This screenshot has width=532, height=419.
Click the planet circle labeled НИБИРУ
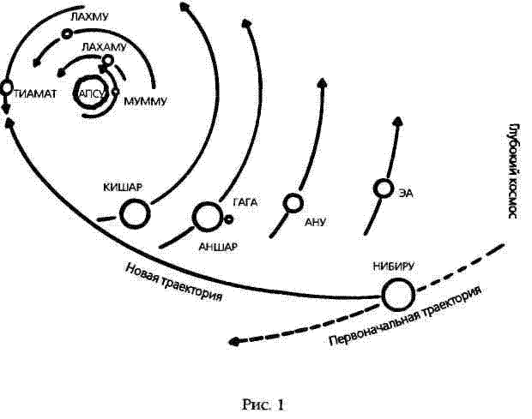[397, 296]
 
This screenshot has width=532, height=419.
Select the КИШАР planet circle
[135, 213]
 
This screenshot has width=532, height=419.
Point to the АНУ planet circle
[293, 203]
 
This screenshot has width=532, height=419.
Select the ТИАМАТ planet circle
[6, 87]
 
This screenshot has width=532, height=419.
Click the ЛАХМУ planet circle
[66, 34]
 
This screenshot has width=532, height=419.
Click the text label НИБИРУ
[394, 266]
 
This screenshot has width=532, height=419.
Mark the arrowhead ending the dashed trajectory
[234, 342]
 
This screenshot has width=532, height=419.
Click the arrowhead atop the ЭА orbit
[396, 123]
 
